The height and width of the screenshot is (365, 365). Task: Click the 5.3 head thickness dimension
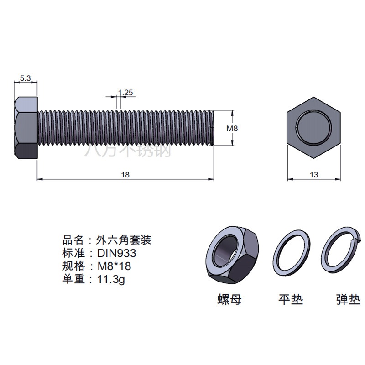pos(25,78)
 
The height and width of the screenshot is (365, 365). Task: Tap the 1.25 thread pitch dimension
pos(125,93)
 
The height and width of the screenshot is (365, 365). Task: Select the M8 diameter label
pos(232,128)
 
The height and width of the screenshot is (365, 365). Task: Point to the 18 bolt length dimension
pos(125,175)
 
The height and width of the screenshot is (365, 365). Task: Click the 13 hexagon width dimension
pos(314,175)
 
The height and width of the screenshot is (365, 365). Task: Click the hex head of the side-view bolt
pos(26,128)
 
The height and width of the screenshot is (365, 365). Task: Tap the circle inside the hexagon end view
pos(313,128)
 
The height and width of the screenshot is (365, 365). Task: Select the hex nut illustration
pos(233,255)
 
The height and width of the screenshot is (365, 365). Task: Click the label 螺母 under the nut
pos(229,299)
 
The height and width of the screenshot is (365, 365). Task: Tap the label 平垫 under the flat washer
pos(291,299)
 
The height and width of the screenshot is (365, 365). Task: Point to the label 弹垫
pos(349,299)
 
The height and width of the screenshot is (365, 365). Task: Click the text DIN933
pos(116,253)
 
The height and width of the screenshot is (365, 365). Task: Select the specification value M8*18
pos(114,266)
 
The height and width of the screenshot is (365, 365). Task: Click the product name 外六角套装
pos(124,240)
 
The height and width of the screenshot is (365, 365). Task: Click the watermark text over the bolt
pos(128,151)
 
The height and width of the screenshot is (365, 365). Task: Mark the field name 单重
pos(73,279)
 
